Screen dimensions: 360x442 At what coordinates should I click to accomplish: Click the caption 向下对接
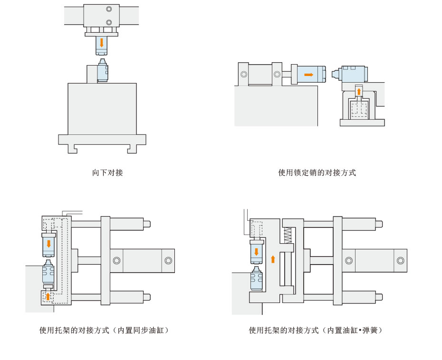pos(107,173)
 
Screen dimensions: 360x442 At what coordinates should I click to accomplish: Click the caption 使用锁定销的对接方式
pos(317,173)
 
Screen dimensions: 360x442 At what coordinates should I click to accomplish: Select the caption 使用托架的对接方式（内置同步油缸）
pos(104,330)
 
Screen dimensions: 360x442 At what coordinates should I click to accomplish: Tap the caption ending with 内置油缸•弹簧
pos(316,330)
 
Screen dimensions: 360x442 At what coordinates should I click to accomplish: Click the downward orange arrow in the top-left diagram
pos(101,42)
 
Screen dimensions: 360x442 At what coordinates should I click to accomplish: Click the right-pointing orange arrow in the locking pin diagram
pos(309,75)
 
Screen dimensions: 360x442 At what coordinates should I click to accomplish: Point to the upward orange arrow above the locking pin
pos(359,90)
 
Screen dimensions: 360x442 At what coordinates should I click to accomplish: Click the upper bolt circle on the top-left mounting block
pos(109,9)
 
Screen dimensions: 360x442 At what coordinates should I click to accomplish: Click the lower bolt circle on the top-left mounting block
pos(109,22)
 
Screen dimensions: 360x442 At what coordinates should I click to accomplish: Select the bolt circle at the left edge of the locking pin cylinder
pos(244,75)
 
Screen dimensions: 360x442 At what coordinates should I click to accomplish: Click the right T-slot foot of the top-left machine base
pos(132,149)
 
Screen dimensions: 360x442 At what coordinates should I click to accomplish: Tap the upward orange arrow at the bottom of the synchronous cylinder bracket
pos(48,296)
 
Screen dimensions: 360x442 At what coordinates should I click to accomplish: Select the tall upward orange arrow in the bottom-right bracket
pos(272,259)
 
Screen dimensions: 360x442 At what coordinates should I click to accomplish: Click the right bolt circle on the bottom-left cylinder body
pos(168,260)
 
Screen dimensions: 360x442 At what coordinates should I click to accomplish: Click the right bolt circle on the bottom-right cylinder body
pos(400,260)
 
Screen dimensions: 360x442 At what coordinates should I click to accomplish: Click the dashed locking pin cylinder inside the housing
pos(359,109)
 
